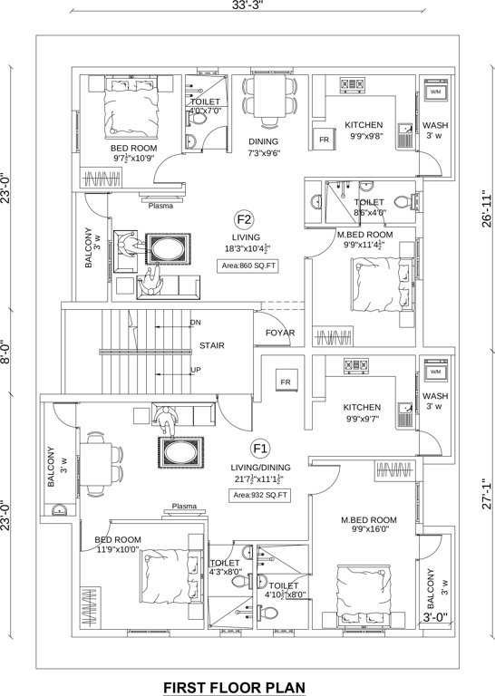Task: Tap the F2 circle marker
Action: pyautogui.click(x=243, y=219)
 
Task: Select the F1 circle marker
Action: pyautogui.click(x=260, y=448)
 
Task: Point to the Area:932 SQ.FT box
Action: pyautogui.click(x=259, y=495)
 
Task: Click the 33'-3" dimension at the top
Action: pyautogui.click(x=247, y=7)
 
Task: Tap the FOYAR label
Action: pyautogui.click(x=280, y=333)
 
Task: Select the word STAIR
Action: pyautogui.click(x=212, y=345)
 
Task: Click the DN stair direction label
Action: pyautogui.click(x=195, y=323)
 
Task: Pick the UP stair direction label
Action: pyautogui.click(x=195, y=370)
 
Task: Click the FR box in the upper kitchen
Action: pyautogui.click(x=323, y=140)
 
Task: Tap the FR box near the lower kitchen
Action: pyautogui.click(x=285, y=382)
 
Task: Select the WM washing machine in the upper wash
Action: pyautogui.click(x=435, y=92)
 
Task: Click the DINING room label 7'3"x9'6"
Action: pyautogui.click(x=264, y=147)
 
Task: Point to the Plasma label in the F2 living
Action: pyautogui.click(x=160, y=206)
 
